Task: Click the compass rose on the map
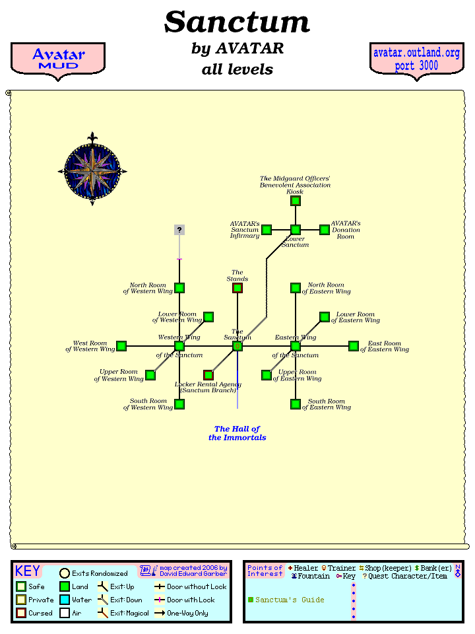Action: (92, 171)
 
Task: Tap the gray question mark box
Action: (179, 230)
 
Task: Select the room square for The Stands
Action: (237, 288)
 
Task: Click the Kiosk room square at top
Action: (296, 201)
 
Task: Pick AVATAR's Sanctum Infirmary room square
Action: (267, 230)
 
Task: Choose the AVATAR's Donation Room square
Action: (325, 230)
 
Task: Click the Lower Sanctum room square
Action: (296, 230)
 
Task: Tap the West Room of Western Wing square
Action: (121, 346)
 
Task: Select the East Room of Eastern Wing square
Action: (354, 346)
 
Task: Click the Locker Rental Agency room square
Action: (208, 375)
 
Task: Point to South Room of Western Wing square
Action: (179, 404)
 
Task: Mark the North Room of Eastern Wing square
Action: (296, 288)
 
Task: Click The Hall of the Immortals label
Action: (237, 433)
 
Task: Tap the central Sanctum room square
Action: (237, 346)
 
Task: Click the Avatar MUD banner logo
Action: (59, 59)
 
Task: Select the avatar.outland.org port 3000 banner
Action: (416, 59)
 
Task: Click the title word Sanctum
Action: (237, 22)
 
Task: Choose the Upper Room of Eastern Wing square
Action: (267, 375)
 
